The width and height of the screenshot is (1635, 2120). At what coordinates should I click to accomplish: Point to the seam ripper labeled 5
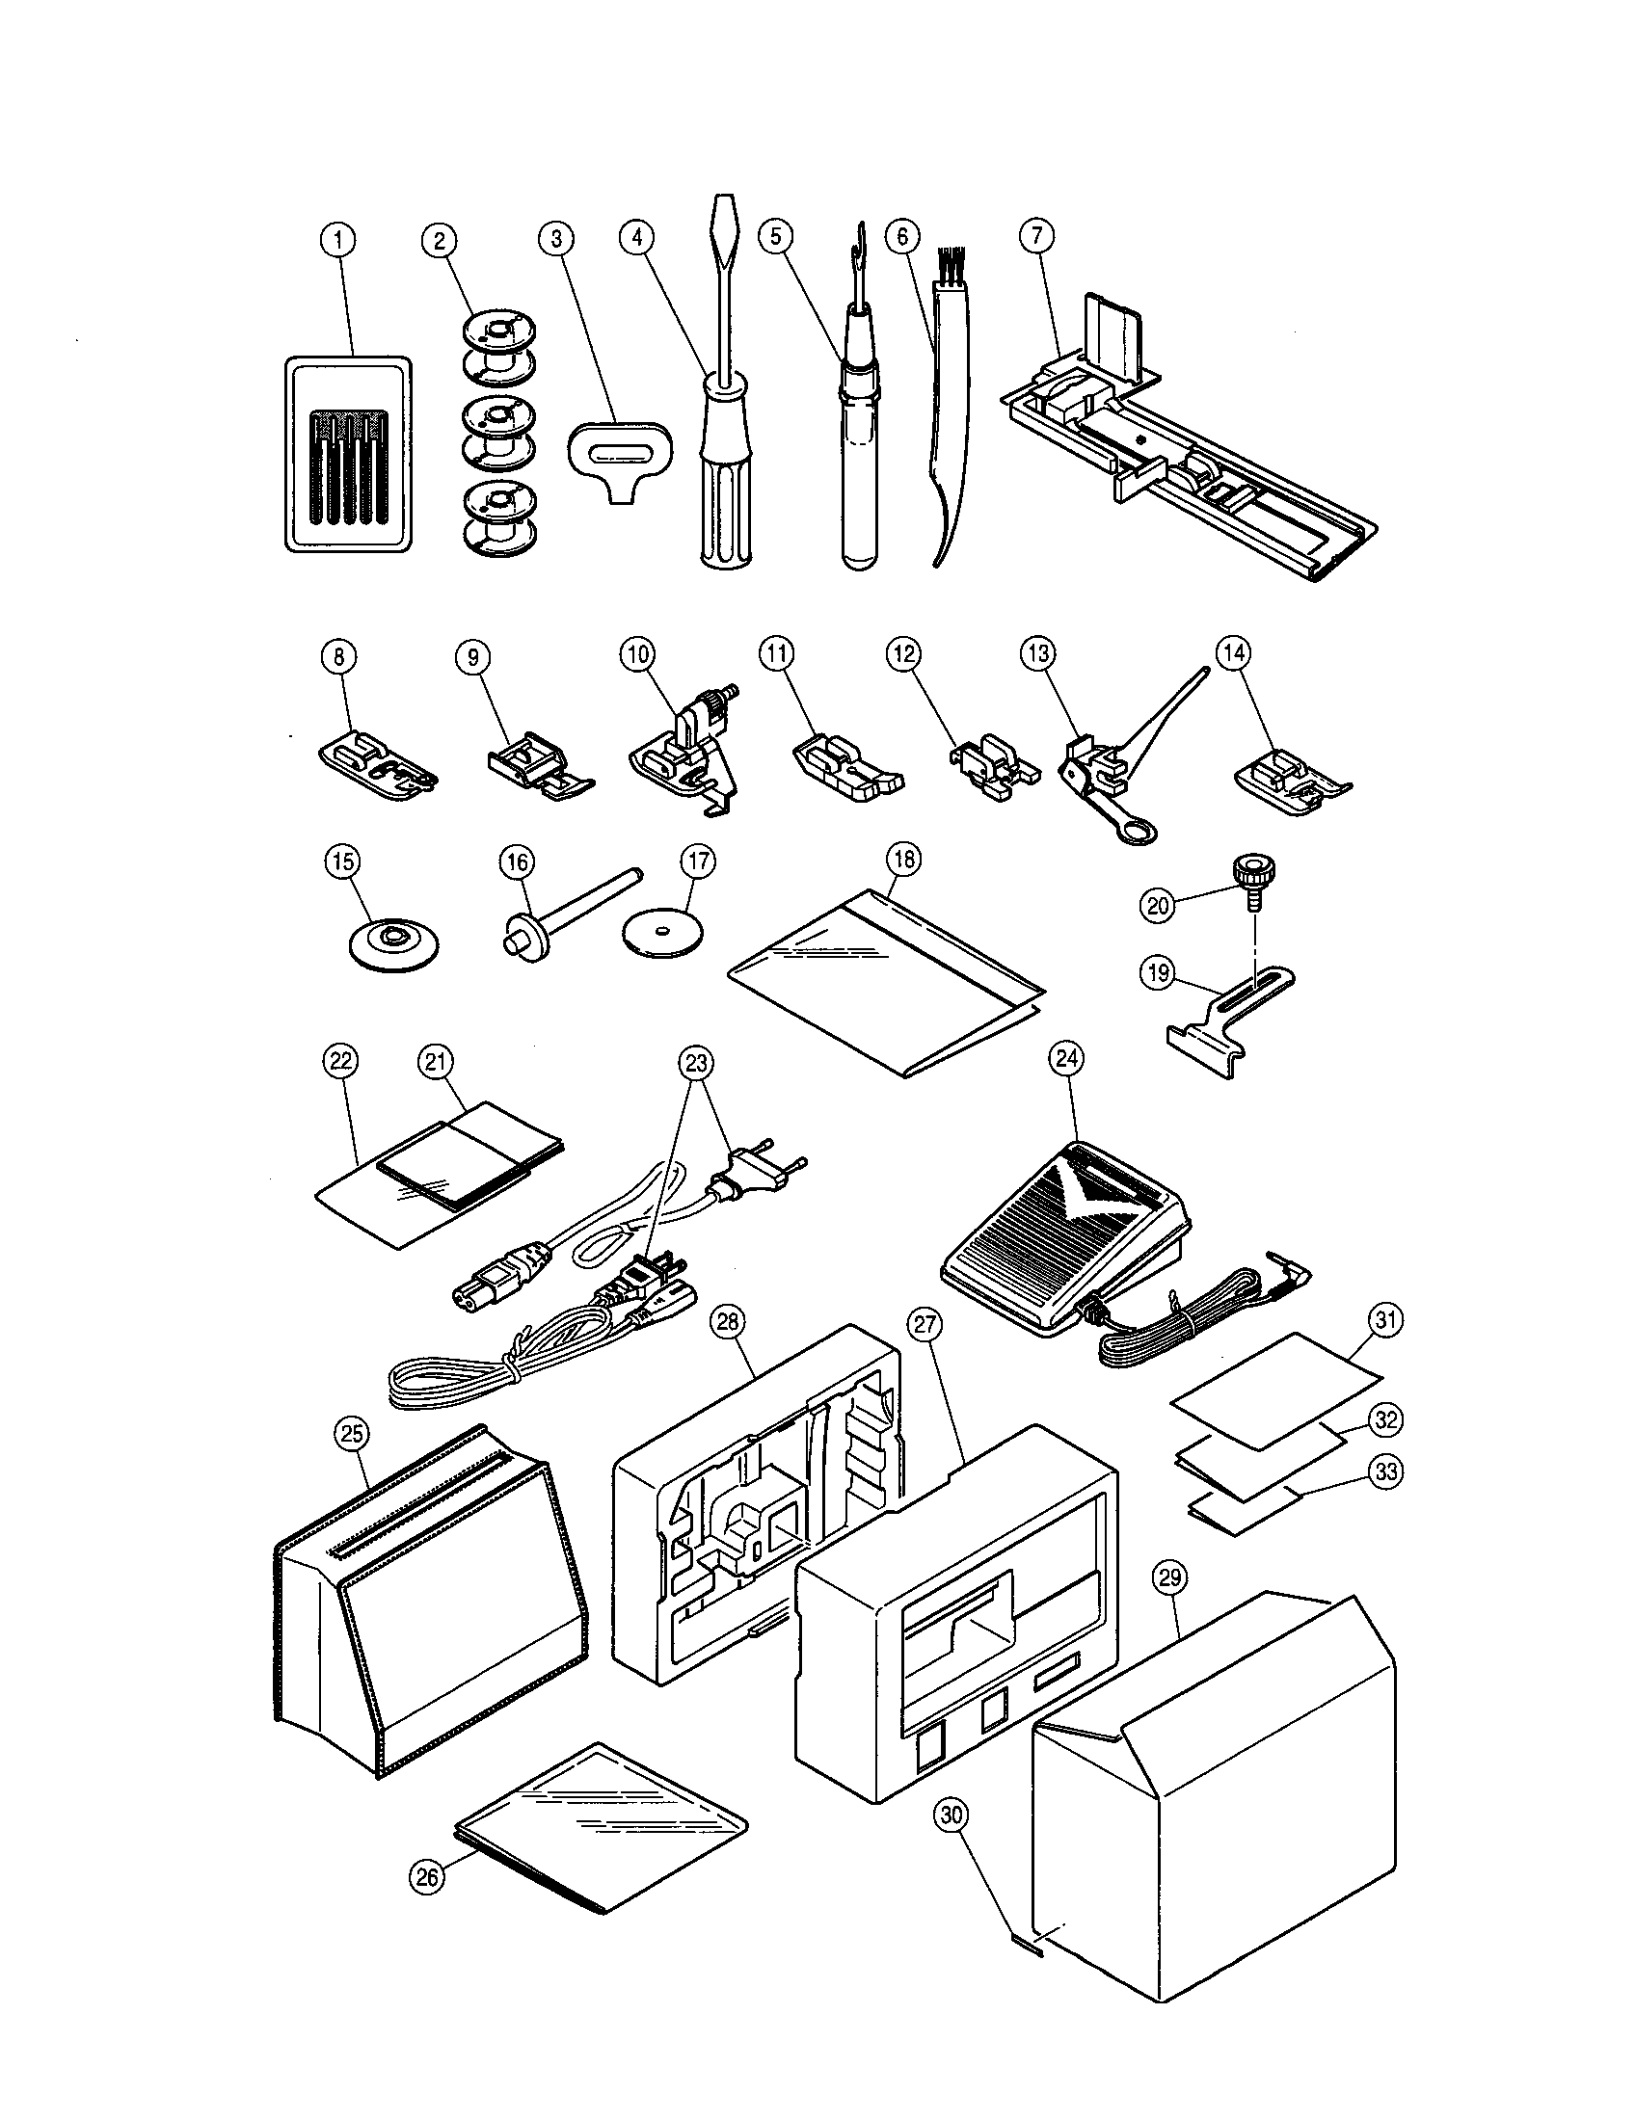(858, 446)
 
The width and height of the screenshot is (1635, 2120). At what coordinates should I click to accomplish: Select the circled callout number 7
(1037, 236)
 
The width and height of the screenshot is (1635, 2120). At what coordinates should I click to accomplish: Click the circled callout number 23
(697, 1063)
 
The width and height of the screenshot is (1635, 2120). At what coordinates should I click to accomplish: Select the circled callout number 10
(637, 654)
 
